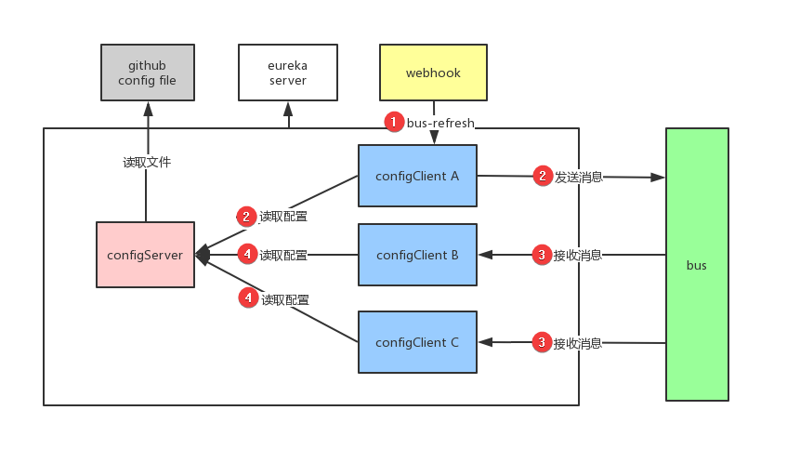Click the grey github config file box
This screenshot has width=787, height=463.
pyautogui.click(x=147, y=72)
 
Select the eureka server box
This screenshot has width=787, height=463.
pyautogui.click(x=288, y=72)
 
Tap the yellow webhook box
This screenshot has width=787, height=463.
pyautogui.click(x=433, y=72)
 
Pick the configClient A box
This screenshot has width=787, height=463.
pyautogui.click(x=417, y=175)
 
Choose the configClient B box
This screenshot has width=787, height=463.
pyautogui.click(x=417, y=254)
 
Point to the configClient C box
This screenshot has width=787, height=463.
pyautogui.click(x=417, y=342)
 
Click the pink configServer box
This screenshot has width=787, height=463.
pyautogui.click(x=145, y=254)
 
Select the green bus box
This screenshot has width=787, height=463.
pyautogui.click(x=697, y=265)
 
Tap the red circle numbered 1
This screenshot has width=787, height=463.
pyautogui.click(x=394, y=122)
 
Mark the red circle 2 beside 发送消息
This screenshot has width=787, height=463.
pyautogui.click(x=542, y=175)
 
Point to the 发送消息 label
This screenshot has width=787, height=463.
pyautogui.click(x=578, y=176)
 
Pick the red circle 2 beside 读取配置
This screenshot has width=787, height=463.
pyautogui.click(x=246, y=216)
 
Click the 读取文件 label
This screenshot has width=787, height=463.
pyautogui.click(x=147, y=162)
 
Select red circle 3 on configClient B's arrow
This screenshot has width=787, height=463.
pyautogui.click(x=542, y=254)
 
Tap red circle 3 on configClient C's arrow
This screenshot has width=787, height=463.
pyautogui.click(x=542, y=342)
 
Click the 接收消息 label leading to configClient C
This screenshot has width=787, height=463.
pyautogui.click(x=578, y=343)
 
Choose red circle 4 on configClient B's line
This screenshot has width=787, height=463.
pyautogui.click(x=246, y=253)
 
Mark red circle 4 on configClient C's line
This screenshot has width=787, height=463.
pyautogui.click(x=247, y=298)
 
